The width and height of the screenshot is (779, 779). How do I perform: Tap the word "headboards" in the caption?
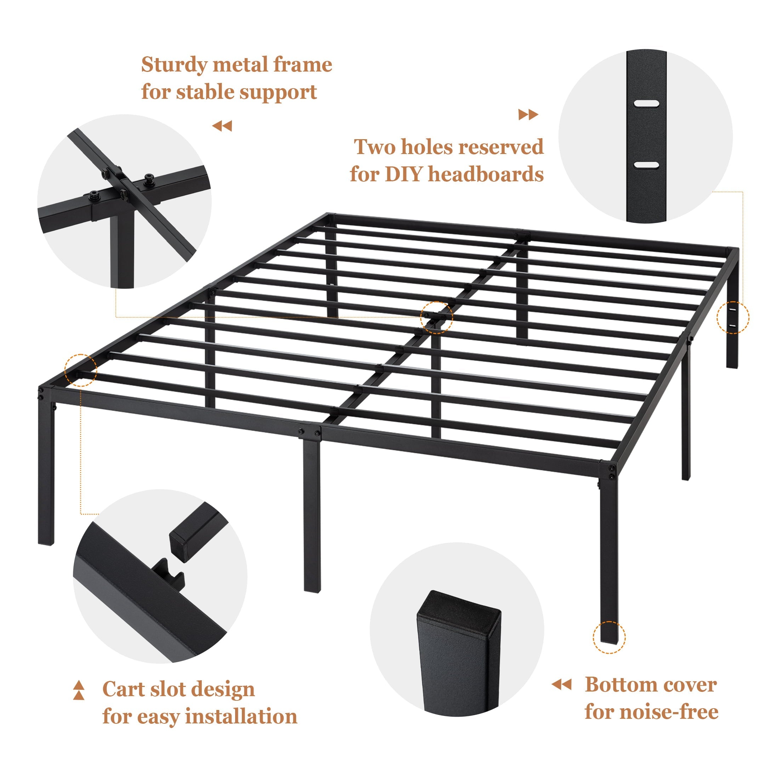[485, 174]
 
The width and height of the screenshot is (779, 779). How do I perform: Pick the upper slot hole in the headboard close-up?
[646, 103]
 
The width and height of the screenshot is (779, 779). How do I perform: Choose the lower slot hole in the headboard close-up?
[646, 165]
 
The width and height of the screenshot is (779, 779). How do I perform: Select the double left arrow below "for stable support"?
[222, 126]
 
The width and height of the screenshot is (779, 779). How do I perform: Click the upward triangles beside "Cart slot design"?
[79, 690]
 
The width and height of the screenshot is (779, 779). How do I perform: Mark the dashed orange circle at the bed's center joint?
[436, 317]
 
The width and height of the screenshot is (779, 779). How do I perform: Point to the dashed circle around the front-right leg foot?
[609, 637]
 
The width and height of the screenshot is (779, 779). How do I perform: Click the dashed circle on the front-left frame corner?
[81, 370]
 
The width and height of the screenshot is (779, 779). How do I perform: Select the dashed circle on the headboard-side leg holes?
[733, 318]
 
